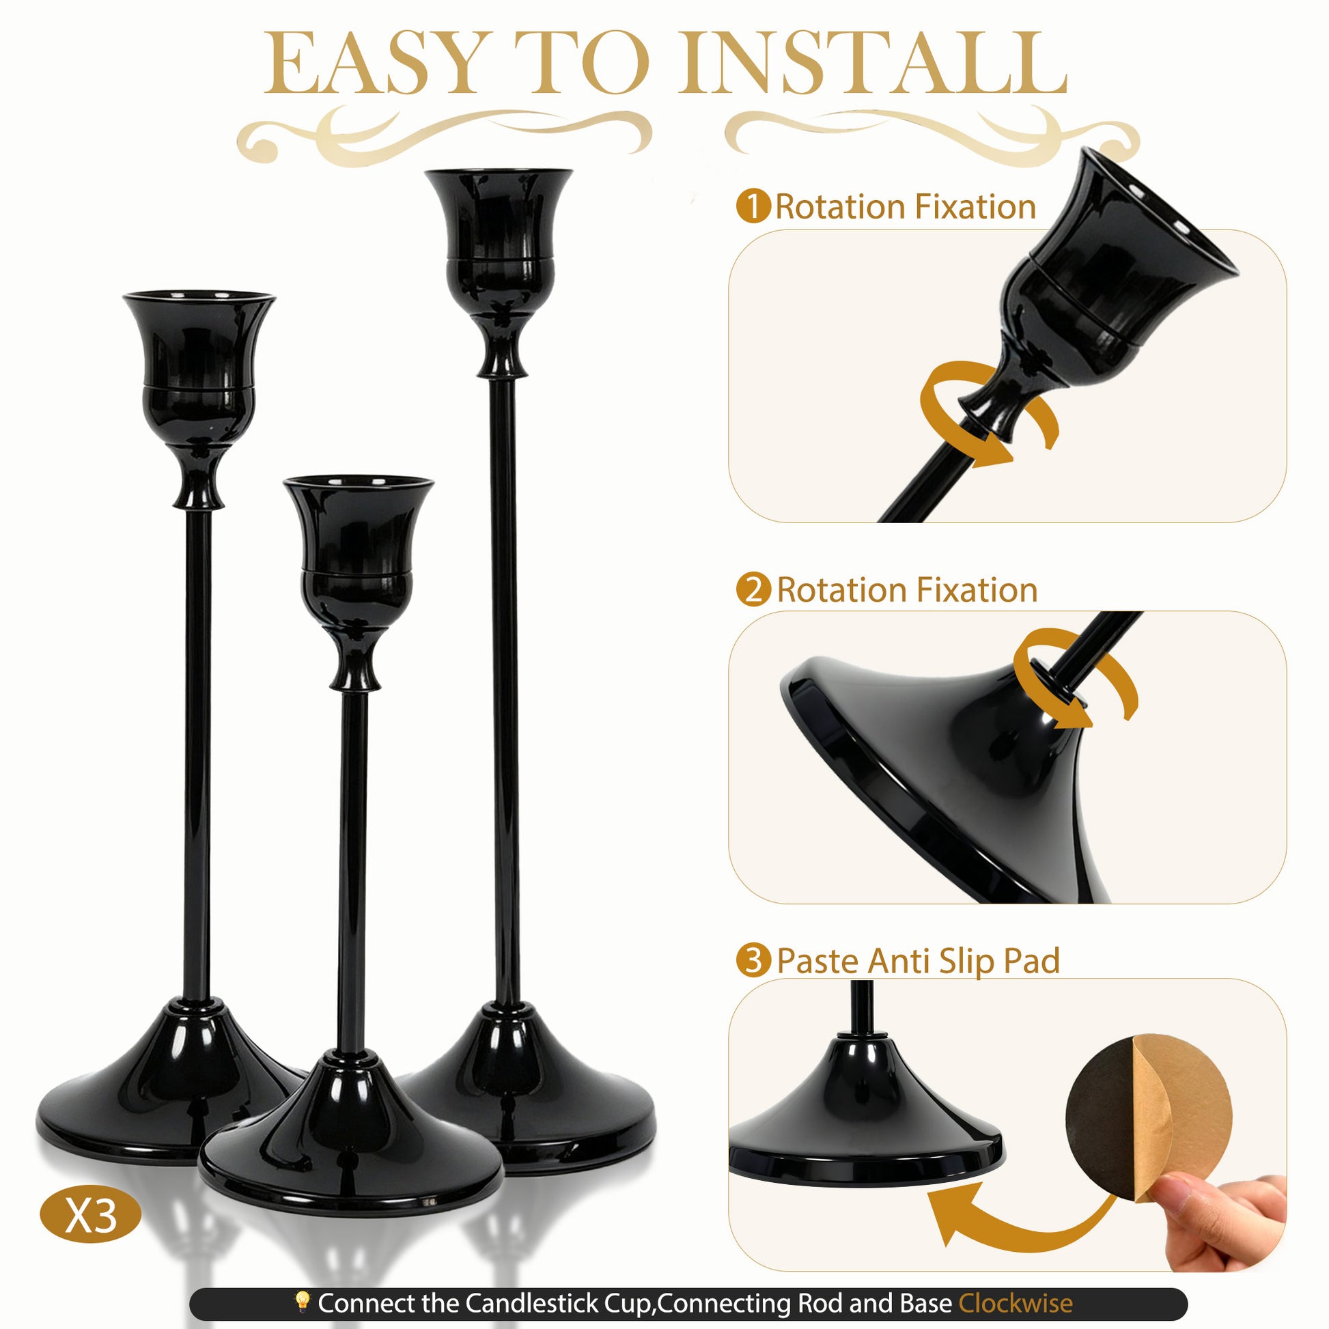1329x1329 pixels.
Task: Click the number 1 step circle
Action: (x=753, y=206)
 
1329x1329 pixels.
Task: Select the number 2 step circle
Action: (x=753, y=589)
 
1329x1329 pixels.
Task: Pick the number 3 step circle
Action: (x=753, y=960)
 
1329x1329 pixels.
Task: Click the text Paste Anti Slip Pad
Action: (x=919, y=961)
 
